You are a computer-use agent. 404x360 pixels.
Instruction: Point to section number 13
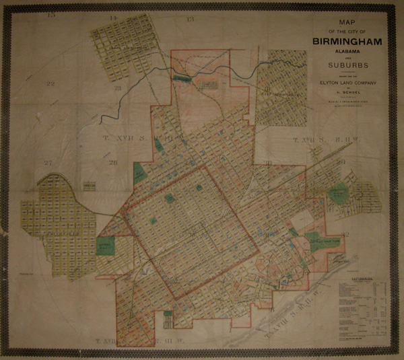191,19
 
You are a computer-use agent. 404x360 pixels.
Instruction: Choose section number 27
48,164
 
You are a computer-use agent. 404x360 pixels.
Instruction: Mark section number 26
114,163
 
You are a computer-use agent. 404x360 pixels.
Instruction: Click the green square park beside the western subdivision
106,246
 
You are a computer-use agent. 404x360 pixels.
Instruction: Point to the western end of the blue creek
100,119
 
